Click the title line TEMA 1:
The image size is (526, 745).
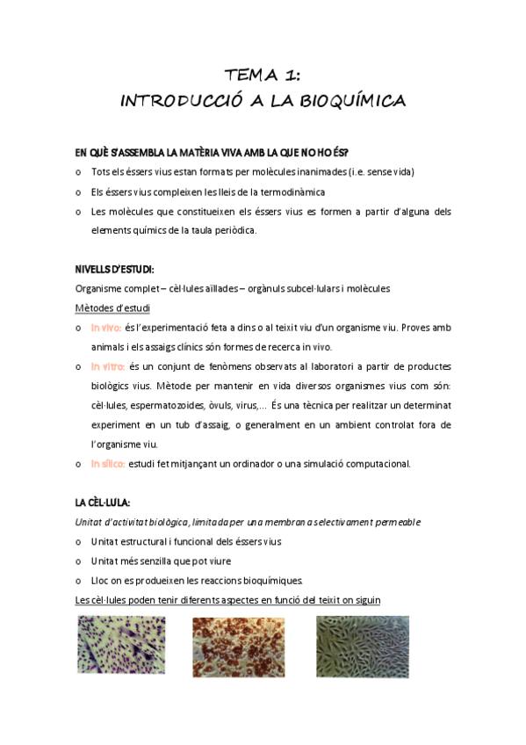tap(263, 76)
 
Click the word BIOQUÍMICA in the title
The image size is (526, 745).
tap(354, 102)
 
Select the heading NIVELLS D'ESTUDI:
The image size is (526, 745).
tap(115, 268)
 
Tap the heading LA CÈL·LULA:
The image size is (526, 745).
tap(103, 502)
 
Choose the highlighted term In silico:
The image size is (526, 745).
tap(108, 463)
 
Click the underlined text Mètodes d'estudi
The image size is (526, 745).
tap(112, 307)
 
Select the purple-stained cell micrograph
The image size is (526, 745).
tap(121, 646)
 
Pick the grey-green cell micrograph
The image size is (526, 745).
tap(362, 646)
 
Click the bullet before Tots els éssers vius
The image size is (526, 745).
tap(80, 172)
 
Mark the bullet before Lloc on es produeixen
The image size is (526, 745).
tap(80, 580)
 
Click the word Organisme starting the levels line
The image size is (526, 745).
tap(100, 288)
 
